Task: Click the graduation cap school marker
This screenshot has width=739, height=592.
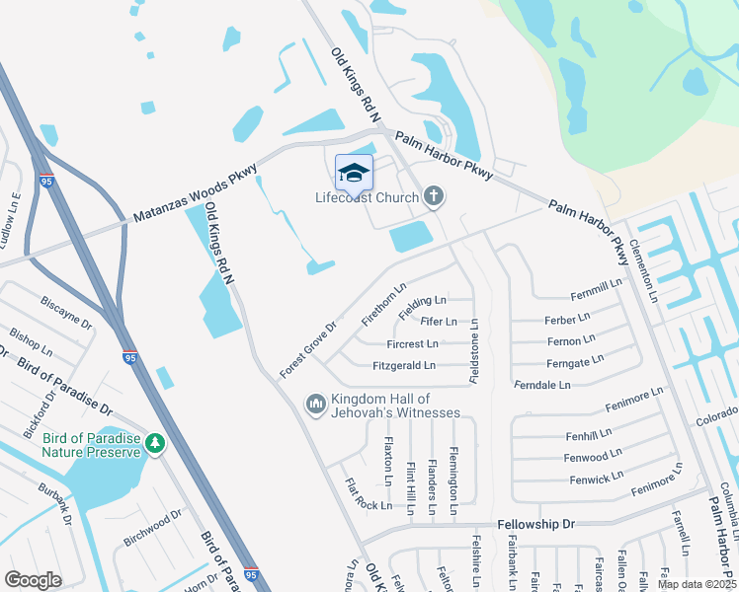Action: pos(354,174)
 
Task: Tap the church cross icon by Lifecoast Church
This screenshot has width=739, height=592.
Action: pos(433,197)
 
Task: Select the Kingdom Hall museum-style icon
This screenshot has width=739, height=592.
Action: pos(316,404)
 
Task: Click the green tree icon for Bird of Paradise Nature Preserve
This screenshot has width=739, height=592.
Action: pos(155,444)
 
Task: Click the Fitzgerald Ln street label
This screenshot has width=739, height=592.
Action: pos(404,365)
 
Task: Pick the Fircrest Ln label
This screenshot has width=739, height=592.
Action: pos(413,343)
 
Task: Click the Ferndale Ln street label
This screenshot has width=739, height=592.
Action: pos(543,384)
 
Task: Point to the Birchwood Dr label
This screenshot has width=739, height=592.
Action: pos(153,527)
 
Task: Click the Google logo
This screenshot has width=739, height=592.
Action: pos(33,579)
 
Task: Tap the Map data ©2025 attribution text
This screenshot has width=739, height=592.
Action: pos(696,584)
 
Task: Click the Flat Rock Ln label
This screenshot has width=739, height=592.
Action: pos(368,495)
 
